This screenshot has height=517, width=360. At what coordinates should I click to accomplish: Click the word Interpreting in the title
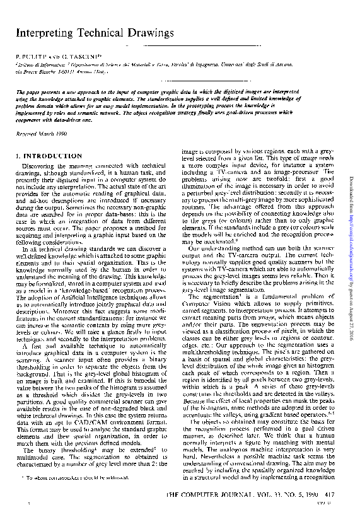click(x=44, y=33)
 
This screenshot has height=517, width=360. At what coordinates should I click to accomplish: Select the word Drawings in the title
click(x=149, y=33)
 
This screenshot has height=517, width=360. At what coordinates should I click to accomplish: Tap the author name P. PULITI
click(x=30, y=57)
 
